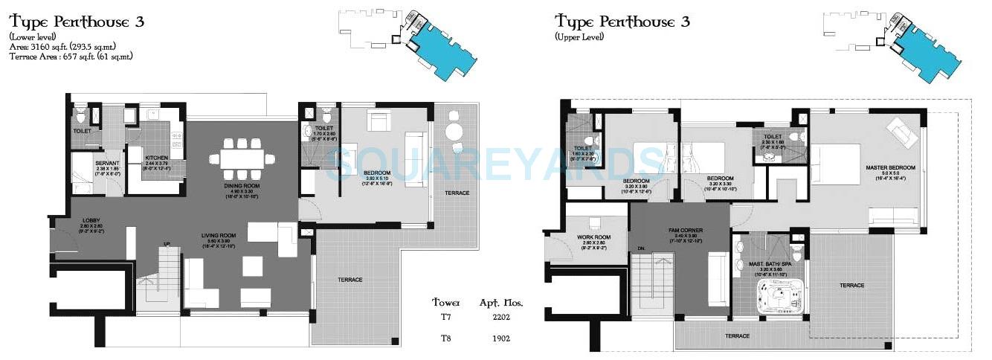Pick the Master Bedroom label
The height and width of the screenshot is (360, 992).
pos(890,168)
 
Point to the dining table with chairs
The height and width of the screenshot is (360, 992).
pos(241,158)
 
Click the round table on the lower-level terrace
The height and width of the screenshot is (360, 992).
pos(454,132)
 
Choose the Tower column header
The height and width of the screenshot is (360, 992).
pos(446,303)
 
